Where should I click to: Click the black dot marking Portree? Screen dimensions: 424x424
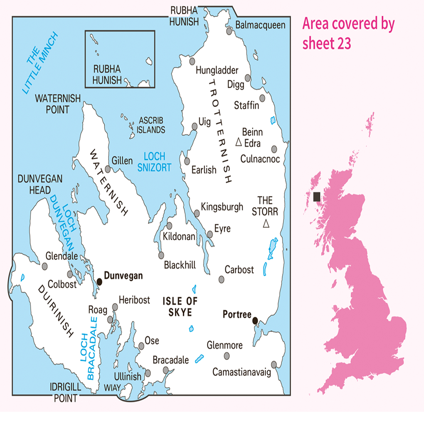click(255, 321)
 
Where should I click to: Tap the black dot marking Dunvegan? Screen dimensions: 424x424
click(99, 282)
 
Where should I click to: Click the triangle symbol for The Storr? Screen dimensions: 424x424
click(266, 224)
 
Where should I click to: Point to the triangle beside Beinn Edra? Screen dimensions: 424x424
click(238, 142)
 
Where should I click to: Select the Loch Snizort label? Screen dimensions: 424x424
click(154, 162)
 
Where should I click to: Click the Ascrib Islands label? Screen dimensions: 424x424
click(151, 125)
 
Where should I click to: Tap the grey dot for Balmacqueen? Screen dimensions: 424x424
click(229, 31)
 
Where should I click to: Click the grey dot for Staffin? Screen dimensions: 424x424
click(262, 98)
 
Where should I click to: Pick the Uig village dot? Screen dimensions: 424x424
click(195, 127)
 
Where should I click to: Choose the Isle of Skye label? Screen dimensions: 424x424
click(180, 306)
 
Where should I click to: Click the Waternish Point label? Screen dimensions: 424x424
click(58, 104)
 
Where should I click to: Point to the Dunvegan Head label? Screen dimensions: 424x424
click(40, 185)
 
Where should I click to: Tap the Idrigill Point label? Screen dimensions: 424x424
click(66, 393)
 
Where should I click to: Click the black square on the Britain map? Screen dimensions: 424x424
click(317, 197)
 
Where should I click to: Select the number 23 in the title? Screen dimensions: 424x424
click(344, 43)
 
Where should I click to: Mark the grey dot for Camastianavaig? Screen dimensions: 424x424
click(274, 365)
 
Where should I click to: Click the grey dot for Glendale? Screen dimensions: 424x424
click(45, 266)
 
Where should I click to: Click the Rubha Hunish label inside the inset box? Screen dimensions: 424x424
click(107, 75)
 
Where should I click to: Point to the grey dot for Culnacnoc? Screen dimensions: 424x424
click(274, 149)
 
